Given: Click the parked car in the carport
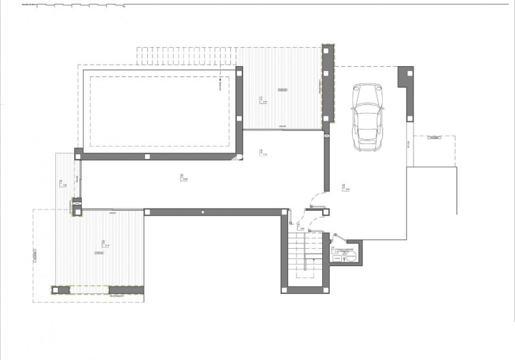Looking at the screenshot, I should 368,118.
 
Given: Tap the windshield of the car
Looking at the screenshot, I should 368,109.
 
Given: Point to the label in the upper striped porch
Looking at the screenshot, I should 282,90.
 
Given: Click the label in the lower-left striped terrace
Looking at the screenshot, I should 99,252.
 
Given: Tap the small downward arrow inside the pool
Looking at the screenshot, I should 220,85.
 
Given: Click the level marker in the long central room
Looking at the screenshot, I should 183,177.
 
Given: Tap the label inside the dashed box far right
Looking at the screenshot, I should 433,138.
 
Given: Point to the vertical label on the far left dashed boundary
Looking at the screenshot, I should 33,256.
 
